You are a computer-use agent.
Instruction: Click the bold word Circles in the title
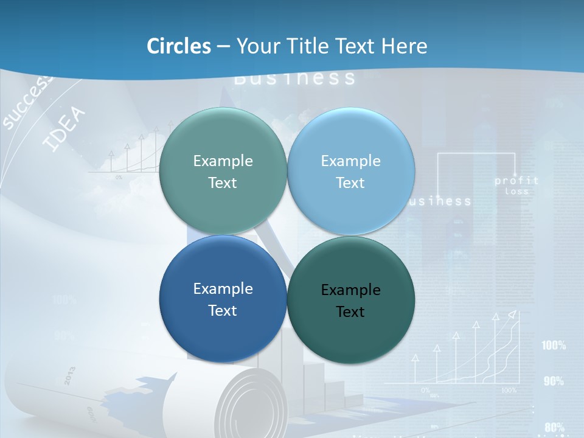click(x=179, y=46)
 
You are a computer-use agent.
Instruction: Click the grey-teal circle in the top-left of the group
click(x=223, y=171)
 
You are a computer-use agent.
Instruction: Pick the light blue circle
click(x=350, y=171)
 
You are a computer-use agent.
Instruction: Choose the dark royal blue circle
click(x=223, y=299)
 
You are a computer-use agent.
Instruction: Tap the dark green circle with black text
click(x=350, y=300)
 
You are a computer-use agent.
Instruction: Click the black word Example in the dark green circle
click(x=350, y=290)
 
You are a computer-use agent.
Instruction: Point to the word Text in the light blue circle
click(x=350, y=182)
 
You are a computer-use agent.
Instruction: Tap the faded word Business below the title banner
click(x=294, y=78)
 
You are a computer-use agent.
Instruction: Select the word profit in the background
click(x=516, y=181)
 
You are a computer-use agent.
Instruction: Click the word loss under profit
click(x=516, y=191)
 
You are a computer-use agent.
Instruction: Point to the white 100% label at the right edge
click(x=554, y=346)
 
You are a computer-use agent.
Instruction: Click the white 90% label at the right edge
click(x=554, y=381)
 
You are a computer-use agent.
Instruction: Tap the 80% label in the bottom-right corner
click(x=554, y=427)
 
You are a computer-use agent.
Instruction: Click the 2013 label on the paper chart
click(x=69, y=375)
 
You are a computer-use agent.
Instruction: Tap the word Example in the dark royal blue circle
click(x=223, y=289)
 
